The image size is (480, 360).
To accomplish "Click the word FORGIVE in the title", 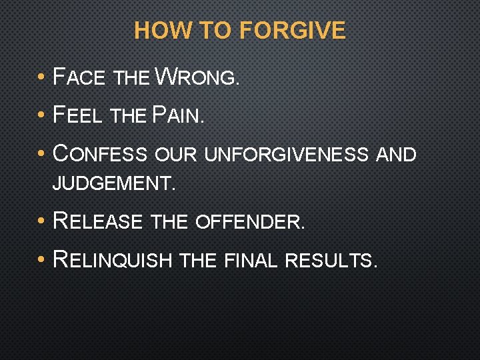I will tap(292, 31).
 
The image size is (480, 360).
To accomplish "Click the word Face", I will tap(79, 77).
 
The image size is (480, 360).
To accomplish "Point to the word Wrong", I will tap(196, 77).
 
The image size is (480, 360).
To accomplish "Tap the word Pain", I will tap(178, 116).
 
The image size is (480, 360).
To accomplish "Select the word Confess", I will tap(99, 155).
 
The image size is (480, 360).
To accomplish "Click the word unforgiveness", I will tap(286, 155).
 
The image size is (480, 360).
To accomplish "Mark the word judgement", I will tap(113, 183).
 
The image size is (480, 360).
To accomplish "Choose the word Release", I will tap(97, 220).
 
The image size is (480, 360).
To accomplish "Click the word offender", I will tap(250, 221).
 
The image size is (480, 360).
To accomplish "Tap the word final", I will tap(251, 259).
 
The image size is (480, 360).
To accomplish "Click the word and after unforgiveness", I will tap(396, 155).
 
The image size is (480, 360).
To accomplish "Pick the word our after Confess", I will tap(175, 155).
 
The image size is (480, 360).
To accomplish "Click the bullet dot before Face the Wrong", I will tap(41, 77).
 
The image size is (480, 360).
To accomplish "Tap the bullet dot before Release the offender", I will tap(41, 220).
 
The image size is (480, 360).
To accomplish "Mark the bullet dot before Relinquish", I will tap(41, 259).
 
